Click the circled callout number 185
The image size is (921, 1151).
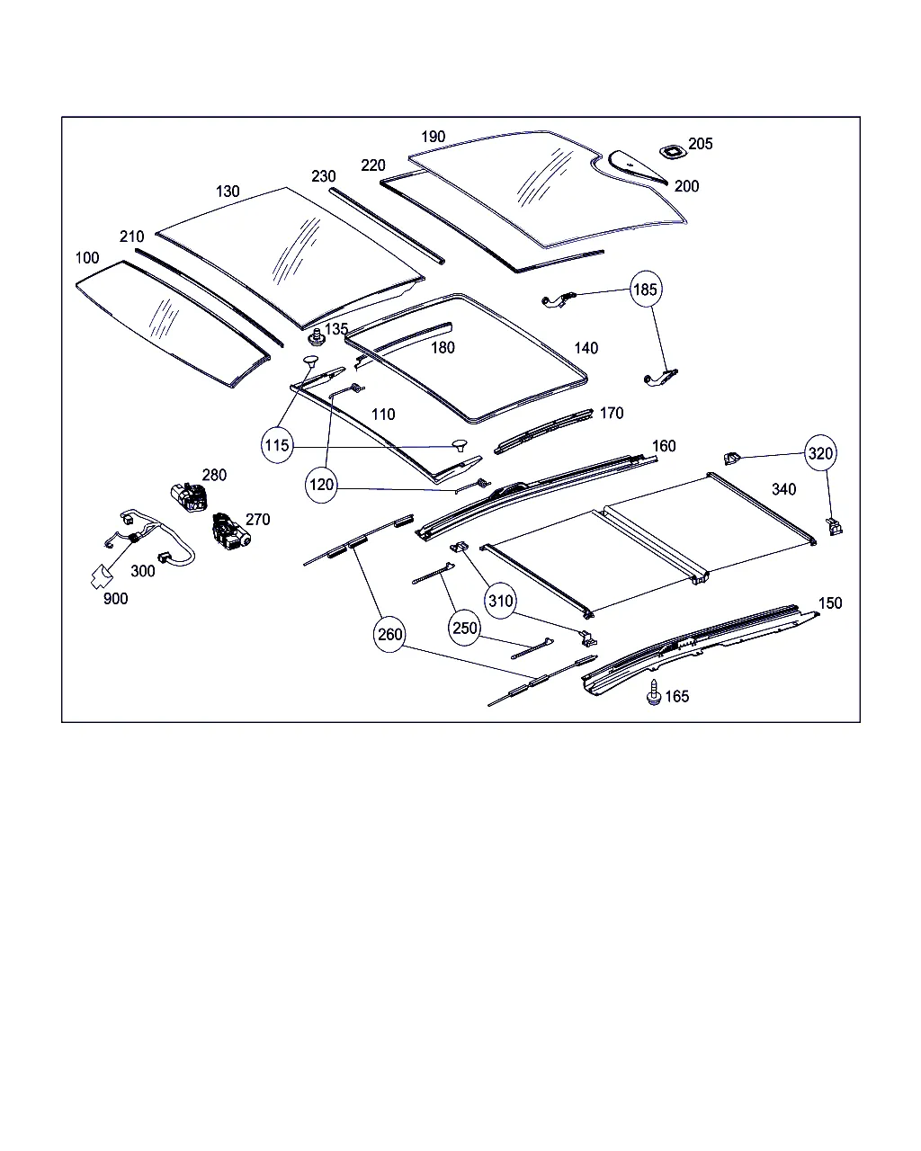[646, 290]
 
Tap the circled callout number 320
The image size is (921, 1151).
[820, 454]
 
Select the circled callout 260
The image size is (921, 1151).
[390, 635]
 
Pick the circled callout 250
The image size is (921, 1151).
[465, 628]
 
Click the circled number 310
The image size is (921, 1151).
[500, 601]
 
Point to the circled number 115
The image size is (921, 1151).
[277, 445]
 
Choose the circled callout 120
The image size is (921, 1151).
[321, 486]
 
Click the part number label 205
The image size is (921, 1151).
[701, 144]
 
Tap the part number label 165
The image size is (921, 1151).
[677, 697]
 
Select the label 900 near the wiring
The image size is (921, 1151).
[115, 599]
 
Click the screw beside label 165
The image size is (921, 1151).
[653, 693]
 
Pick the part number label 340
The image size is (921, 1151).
[783, 489]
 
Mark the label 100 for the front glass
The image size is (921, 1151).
[87, 258]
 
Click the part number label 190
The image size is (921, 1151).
[434, 137]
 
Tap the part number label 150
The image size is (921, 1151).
[830, 602]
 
